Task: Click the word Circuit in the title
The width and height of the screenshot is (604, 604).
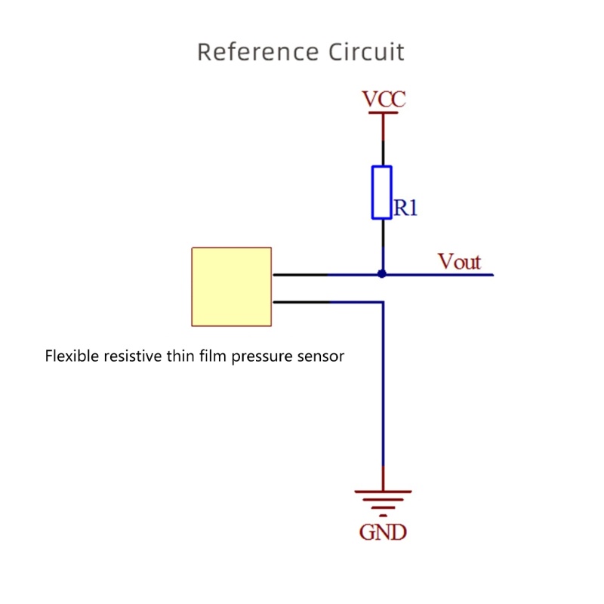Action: (x=366, y=52)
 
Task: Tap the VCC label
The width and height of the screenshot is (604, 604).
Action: (x=384, y=99)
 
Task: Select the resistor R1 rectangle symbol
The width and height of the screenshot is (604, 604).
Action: (x=382, y=193)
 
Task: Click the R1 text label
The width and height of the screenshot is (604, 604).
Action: (x=405, y=208)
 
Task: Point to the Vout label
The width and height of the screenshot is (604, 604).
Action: (x=459, y=262)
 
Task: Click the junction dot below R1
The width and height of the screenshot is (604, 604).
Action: (x=382, y=274)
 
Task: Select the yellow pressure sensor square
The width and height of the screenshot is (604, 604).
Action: (x=232, y=287)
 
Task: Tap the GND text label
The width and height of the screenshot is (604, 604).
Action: (x=383, y=532)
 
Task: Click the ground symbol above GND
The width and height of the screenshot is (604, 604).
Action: (x=383, y=498)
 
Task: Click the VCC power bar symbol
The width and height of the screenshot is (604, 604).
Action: (x=383, y=114)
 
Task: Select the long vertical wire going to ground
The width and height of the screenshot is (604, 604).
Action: (x=383, y=393)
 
